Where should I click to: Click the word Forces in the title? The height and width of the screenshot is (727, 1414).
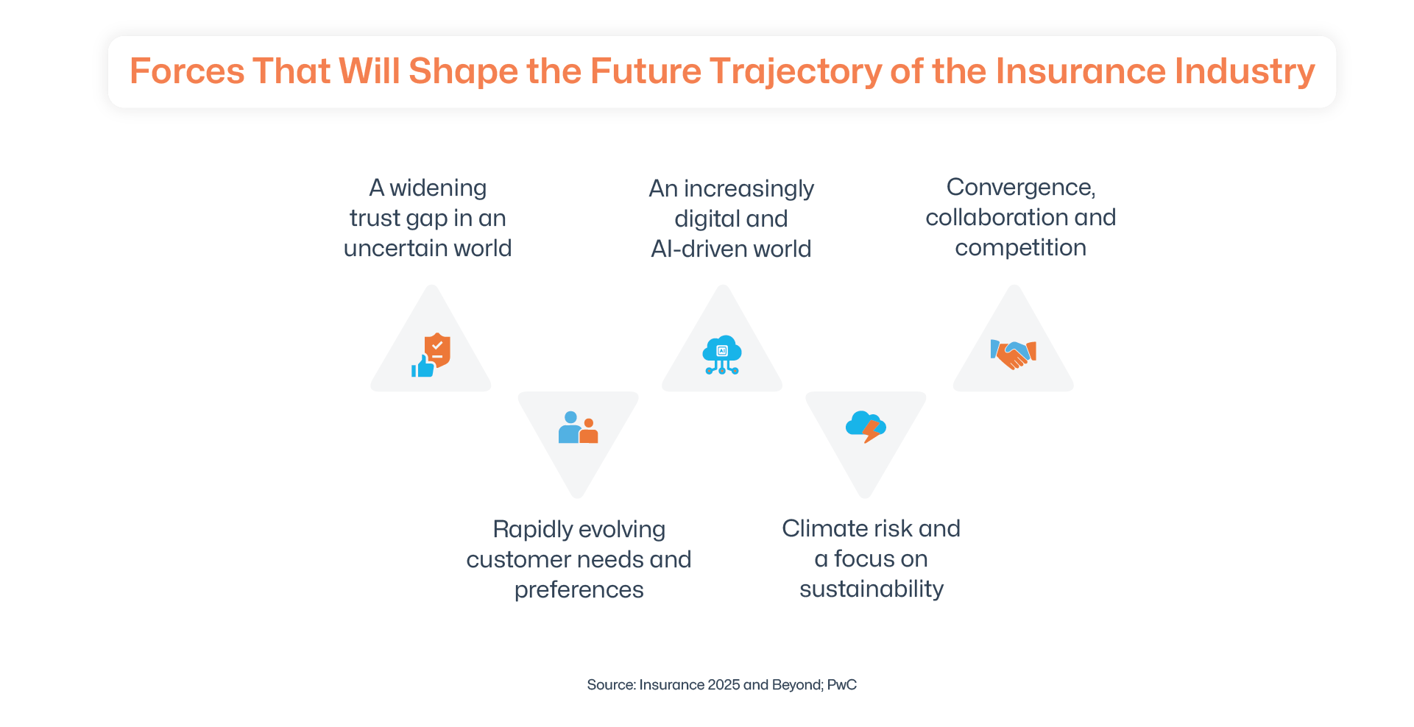point(187,71)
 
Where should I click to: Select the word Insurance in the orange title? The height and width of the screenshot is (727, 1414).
point(1081,71)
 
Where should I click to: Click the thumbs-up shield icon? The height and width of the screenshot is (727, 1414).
point(431,354)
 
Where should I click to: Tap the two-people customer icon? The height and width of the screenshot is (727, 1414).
point(578,428)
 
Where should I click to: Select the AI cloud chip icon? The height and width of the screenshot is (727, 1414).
point(722,355)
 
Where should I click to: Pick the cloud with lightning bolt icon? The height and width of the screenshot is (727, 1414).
point(866,426)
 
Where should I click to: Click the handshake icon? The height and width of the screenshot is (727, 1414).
point(1014,353)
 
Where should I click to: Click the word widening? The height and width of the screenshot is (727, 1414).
point(438,188)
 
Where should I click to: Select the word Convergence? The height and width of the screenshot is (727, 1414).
point(1020,188)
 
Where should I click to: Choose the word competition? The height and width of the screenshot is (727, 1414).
point(1020,248)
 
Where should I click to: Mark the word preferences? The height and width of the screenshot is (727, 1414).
point(579,590)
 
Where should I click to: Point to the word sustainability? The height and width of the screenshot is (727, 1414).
point(872,589)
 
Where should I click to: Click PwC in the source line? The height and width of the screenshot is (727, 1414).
point(842,685)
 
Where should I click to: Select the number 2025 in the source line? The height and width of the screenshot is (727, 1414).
point(724,685)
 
